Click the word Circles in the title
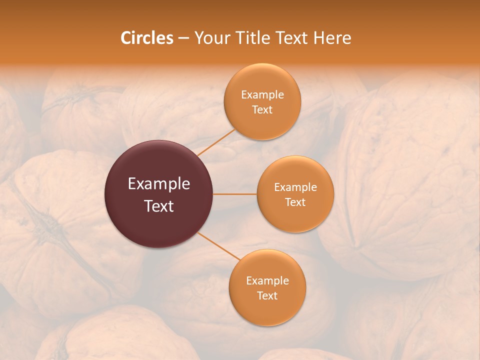click(146, 38)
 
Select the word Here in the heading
click(332, 38)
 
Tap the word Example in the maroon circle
click(159, 184)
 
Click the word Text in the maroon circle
click(159, 206)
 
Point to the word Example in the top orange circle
click(262, 95)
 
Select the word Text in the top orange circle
click(262, 110)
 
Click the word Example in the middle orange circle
click(295, 187)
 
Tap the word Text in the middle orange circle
click(295, 202)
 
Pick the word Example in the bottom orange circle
click(267, 281)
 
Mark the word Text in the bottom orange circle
click(267, 296)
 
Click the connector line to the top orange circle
click(216, 142)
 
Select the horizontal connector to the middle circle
click(235, 194)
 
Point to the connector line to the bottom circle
click(216, 245)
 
